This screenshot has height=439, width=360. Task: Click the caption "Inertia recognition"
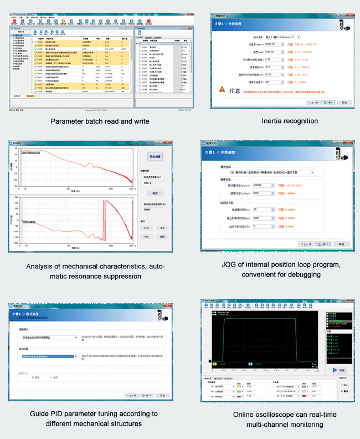[x=290, y=121]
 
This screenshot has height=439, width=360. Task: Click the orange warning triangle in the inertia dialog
[x=222, y=88]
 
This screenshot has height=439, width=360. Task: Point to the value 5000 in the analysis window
[x=147, y=210]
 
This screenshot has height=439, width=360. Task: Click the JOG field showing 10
[x=263, y=210]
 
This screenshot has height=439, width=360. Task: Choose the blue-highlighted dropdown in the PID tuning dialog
[x=49, y=356]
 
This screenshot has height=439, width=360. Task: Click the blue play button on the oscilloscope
[x=336, y=370]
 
